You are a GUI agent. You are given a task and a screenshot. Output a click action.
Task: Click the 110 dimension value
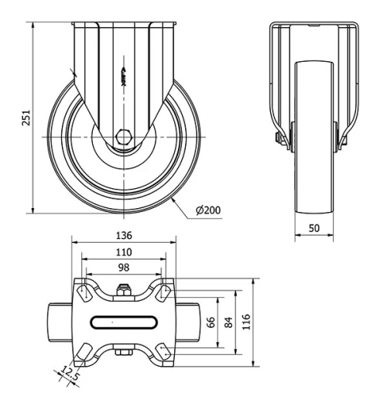pos(122,252)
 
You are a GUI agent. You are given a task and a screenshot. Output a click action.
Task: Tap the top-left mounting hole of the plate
pos(80,292)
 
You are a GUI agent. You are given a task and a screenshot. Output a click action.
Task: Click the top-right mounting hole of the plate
pos(164,292)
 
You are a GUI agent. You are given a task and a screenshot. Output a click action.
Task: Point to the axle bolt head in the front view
pos(277,138)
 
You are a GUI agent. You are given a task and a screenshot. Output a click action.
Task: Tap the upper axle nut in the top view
pos(122,292)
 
